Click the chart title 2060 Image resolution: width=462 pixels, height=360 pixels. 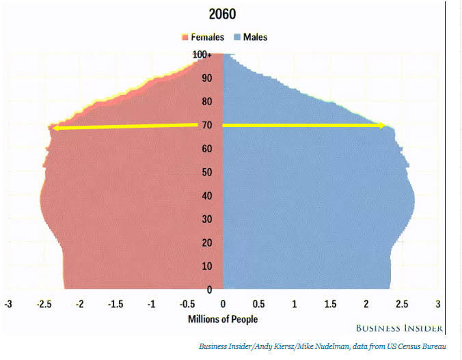tap(223, 14)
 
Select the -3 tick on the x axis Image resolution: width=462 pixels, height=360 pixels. tap(8, 303)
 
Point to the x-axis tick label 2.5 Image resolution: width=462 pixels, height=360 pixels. tap(402, 303)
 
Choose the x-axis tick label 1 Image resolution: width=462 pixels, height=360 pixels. tap(295, 303)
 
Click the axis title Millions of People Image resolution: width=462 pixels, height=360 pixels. tap(223, 319)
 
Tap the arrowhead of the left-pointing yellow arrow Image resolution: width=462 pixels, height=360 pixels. tap(56, 128)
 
